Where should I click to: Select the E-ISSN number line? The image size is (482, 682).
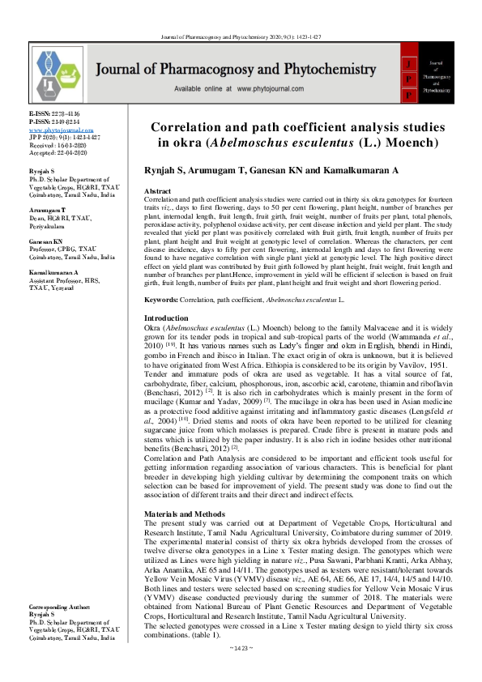point(54,115)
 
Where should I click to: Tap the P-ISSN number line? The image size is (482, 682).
point(55,122)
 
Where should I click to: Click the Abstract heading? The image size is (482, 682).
point(157,190)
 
